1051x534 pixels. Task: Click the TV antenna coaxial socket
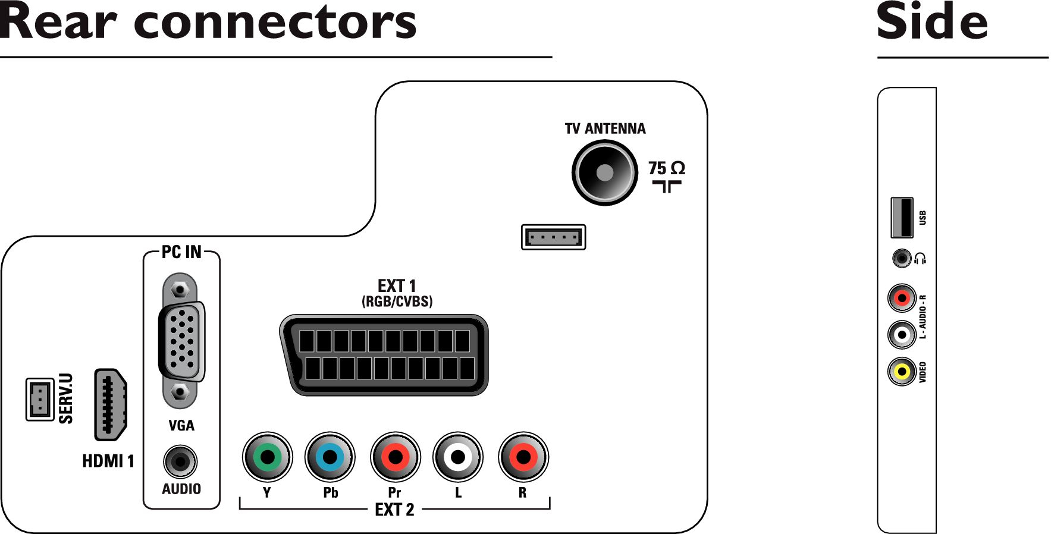click(604, 172)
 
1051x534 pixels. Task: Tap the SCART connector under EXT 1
click(384, 355)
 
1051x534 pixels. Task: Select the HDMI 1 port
click(111, 404)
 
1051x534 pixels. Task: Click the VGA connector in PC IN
click(181, 341)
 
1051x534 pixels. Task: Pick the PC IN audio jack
click(180, 461)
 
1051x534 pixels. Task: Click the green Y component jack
click(268, 457)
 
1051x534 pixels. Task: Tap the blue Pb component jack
click(330, 457)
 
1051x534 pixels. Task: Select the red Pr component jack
click(396, 457)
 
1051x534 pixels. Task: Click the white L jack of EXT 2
click(458, 457)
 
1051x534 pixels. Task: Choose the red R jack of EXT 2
click(523, 457)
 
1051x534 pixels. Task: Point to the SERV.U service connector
click(40, 399)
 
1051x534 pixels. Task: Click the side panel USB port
click(902, 218)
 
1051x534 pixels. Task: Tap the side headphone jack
click(902, 258)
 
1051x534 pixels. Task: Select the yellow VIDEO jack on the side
click(902, 372)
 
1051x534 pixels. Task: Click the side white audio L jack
click(902, 335)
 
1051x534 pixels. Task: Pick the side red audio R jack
click(902, 298)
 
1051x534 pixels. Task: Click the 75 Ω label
click(667, 168)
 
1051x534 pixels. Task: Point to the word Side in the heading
click(932, 21)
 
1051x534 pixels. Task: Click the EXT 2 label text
click(394, 510)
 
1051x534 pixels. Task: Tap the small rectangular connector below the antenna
click(553, 237)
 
